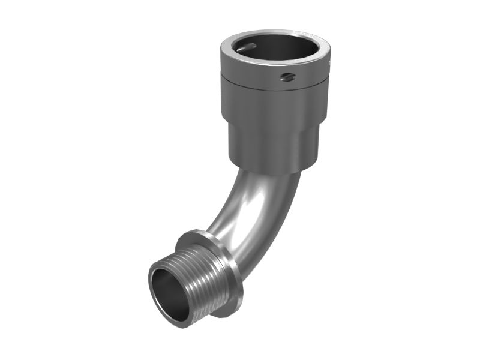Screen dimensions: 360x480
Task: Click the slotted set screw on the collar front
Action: click(289, 76)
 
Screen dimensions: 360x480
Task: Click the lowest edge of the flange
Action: click(228, 316)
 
